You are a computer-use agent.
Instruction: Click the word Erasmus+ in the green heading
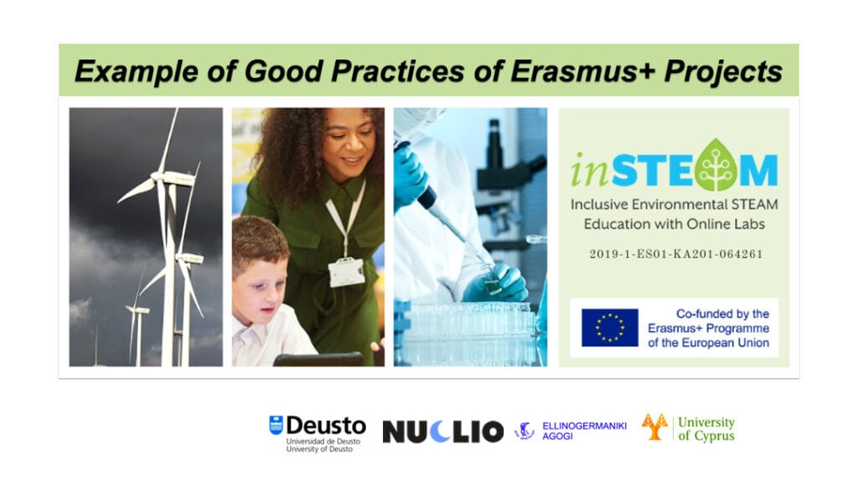[583, 71]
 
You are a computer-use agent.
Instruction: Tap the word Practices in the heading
[398, 71]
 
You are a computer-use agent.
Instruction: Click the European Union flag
[610, 328]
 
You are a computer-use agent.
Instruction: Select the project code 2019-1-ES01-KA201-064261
[676, 253]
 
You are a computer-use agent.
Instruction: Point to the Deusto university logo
[318, 433]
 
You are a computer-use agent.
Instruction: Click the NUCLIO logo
[442, 432]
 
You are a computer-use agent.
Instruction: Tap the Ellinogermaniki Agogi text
[584, 430]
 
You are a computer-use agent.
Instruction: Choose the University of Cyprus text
[706, 429]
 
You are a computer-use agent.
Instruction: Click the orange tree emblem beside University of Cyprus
[654, 427]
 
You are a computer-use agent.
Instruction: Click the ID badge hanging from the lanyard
[346, 272]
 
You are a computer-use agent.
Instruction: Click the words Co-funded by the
[722, 314]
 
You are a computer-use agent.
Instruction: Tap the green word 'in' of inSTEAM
[589, 171]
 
